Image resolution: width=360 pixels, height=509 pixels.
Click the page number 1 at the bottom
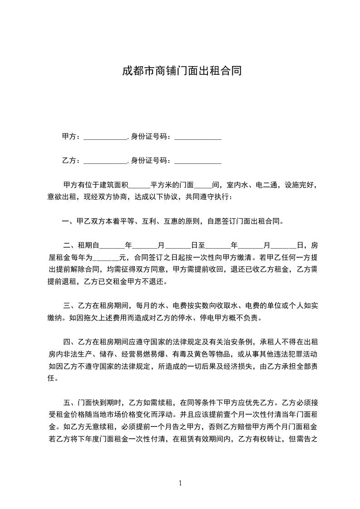pyautogui.click(x=180, y=483)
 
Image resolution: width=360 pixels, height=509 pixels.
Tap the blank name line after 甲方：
pyautogui.click(x=106, y=137)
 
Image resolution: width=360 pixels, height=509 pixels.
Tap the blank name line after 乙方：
pyautogui.click(x=106, y=161)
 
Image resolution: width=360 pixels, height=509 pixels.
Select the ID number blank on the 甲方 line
pyautogui.click(x=198, y=137)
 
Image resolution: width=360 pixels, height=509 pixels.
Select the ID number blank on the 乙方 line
pyautogui.click(x=198, y=161)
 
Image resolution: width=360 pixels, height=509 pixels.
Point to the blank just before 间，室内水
pyautogui.click(x=203, y=186)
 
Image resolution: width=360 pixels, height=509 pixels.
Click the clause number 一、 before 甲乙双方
pyautogui.click(x=68, y=222)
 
